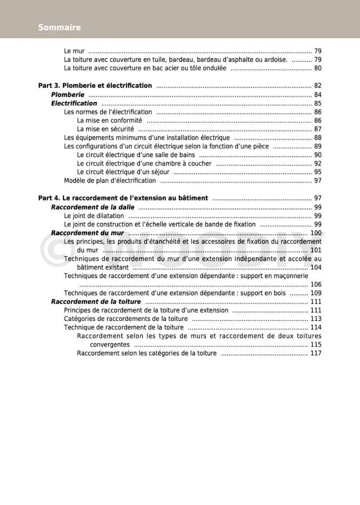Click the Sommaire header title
click(60, 27)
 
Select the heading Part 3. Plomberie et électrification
click(95, 86)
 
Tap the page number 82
click(317, 86)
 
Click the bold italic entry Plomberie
click(67, 95)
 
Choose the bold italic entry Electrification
click(74, 104)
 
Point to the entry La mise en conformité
click(110, 120)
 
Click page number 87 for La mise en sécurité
click(317, 129)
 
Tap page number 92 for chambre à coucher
click(317, 164)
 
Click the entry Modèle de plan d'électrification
click(110, 181)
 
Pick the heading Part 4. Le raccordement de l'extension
click(123, 198)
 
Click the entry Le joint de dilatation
click(94, 216)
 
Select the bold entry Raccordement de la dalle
click(93, 207)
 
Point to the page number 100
click(316, 233)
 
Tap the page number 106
click(316, 284)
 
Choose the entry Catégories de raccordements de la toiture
click(126, 319)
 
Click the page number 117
click(316, 353)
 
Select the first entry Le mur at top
click(74, 51)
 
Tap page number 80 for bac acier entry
click(317, 68)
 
